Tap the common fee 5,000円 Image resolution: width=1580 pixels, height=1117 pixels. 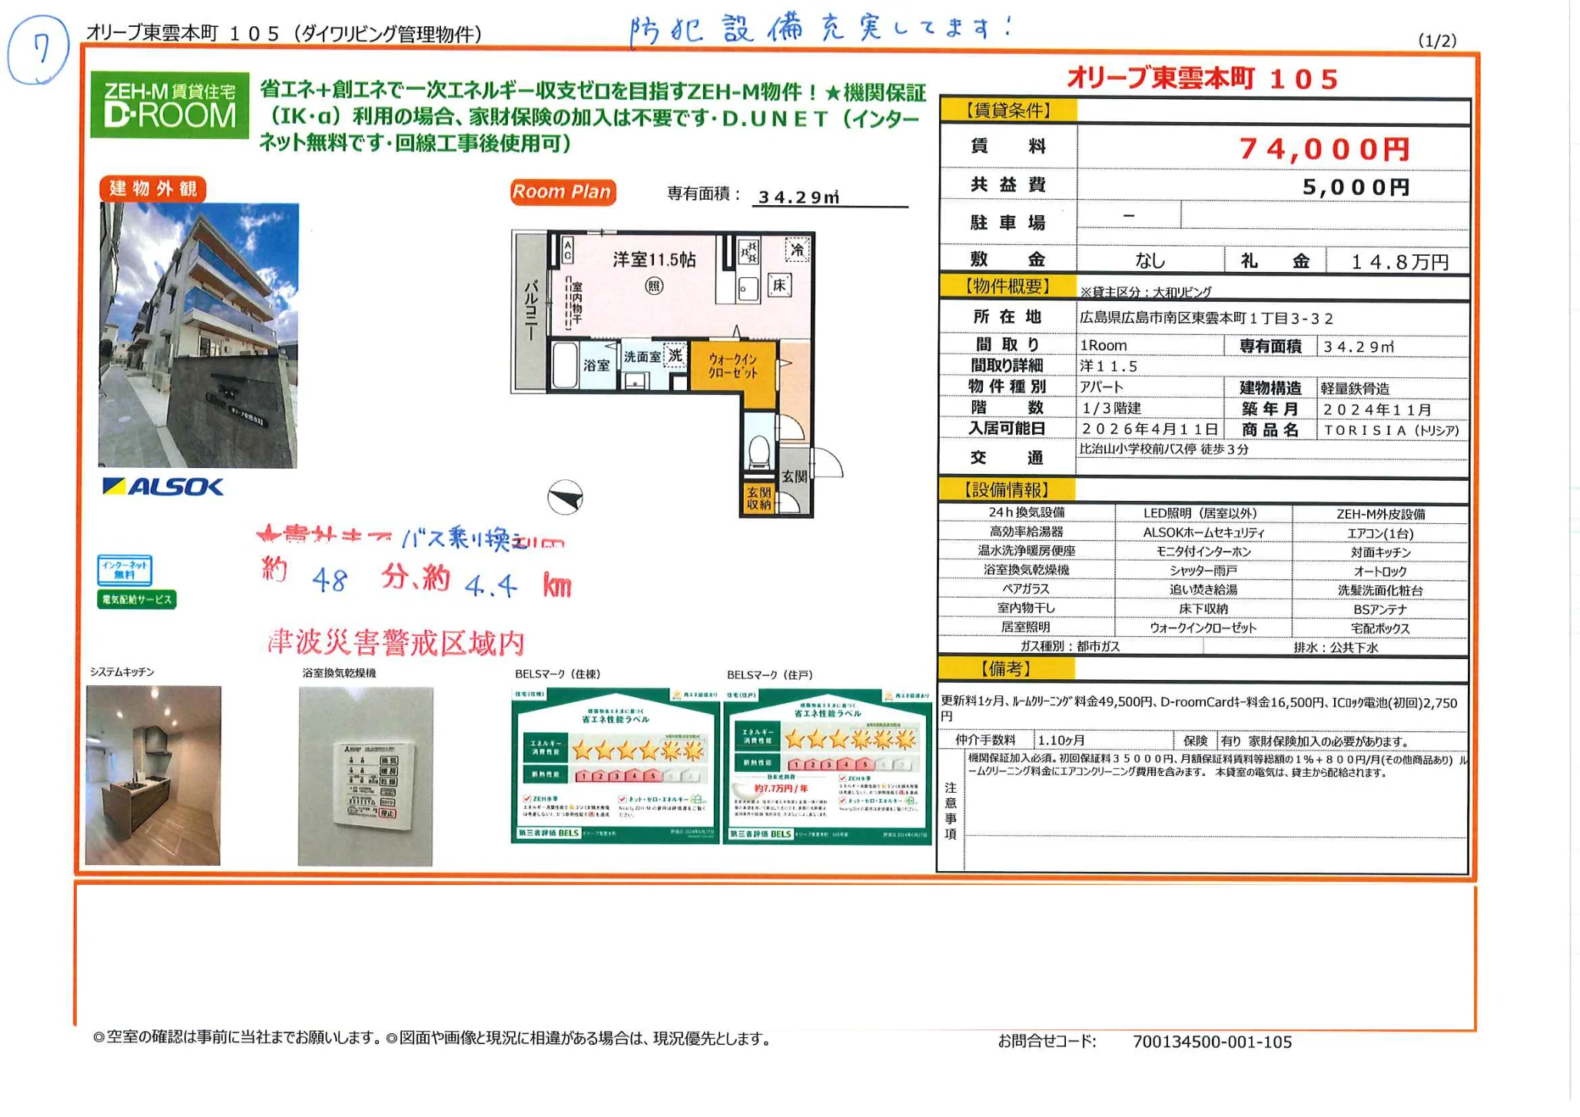(x=1356, y=187)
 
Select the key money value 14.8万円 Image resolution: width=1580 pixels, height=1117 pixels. (x=1399, y=262)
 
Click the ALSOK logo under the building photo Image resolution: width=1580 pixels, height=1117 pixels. (x=163, y=486)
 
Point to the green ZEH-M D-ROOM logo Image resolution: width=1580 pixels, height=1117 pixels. (x=170, y=105)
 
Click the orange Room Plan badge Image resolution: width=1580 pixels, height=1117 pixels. (x=562, y=191)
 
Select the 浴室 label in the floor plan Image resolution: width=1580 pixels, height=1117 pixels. (x=596, y=366)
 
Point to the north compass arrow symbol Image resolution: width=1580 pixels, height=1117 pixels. (x=566, y=497)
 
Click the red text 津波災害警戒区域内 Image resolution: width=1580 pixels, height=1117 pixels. (x=396, y=643)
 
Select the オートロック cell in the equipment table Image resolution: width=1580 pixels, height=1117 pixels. (x=1380, y=571)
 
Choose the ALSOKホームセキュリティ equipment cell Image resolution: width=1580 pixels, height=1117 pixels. (x=1203, y=532)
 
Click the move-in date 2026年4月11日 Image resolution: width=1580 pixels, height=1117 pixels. (x=1150, y=429)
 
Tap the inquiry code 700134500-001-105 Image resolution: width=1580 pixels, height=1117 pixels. (x=1212, y=1042)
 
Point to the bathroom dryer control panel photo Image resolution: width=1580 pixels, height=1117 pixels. (x=366, y=776)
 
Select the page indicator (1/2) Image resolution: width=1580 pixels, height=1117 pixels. (x=1436, y=41)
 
